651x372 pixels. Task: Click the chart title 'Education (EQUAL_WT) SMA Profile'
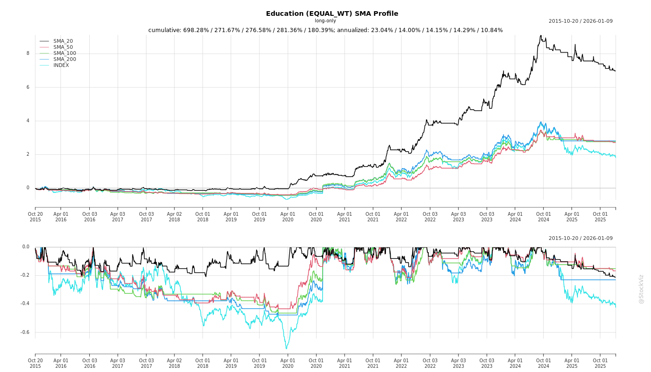tap(332, 13)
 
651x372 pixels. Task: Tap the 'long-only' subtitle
tap(325, 21)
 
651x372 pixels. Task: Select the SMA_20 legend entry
tap(63, 41)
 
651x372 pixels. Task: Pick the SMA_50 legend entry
tap(63, 47)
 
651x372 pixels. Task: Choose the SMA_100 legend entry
tap(65, 53)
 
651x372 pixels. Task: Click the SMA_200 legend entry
tap(65, 60)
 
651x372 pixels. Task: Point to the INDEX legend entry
tap(61, 66)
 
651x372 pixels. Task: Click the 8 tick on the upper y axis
tap(28, 53)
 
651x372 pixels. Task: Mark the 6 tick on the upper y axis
tap(28, 87)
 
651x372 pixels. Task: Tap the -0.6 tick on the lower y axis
tap(25, 332)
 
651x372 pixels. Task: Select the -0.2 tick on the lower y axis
tap(25, 275)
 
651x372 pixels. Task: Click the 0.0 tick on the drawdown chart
tap(26, 247)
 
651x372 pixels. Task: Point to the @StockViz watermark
tap(641, 289)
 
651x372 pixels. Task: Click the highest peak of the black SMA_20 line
tap(540, 35)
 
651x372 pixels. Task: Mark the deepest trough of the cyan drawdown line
tap(286, 349)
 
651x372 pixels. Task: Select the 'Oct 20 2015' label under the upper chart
tap(35, 217)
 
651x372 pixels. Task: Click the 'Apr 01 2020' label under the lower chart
tap(288, 363)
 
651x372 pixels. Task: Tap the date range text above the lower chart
tap(580, 239)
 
